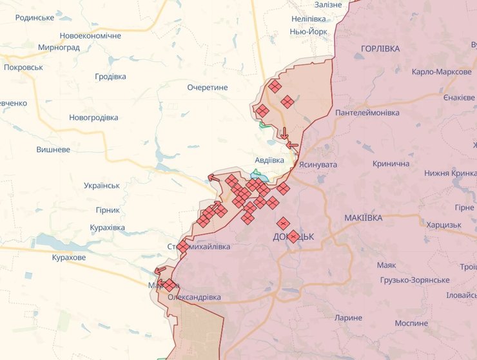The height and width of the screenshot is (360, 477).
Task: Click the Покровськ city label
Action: click(x=23, y=67)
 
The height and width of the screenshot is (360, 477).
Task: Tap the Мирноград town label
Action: click(x=59, y=48)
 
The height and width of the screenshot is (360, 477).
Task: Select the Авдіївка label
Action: click(x=269, y=160)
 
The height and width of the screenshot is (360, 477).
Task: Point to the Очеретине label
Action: click(x=209, y=87)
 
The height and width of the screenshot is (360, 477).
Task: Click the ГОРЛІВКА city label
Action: click(x=380, y=48)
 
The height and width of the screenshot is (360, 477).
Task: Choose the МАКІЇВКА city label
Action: click(x=363, y=218)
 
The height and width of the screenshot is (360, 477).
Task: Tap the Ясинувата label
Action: click(x=318, y=165)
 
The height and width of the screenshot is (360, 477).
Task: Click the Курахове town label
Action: click(x=69, y=258)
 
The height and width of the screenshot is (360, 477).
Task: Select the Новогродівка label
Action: click(x=94, y=118)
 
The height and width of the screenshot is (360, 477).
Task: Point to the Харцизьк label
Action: click(x=444, y=225)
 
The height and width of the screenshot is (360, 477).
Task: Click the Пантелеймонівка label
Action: click(x=367, y=113)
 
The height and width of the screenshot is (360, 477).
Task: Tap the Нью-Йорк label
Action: click(x=309, y=31)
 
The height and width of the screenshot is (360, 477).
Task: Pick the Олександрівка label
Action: click(x=194, y=298)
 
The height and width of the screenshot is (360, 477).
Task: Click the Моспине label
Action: click(x=411, y=322)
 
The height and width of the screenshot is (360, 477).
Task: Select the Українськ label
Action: click(x=102, y=185)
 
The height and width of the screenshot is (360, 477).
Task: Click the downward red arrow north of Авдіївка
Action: click(x=284, y=133)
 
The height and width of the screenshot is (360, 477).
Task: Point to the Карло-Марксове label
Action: click(x=442, y=71)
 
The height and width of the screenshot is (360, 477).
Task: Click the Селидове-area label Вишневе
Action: click(x=54, y=149)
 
